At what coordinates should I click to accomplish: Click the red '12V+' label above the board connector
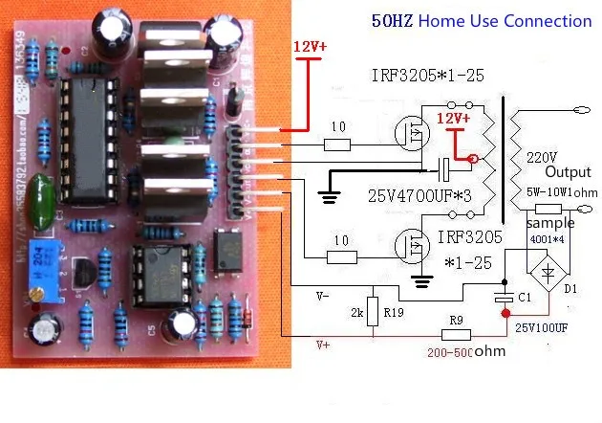coord(308,46)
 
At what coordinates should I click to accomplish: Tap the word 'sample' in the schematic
coord(549,223)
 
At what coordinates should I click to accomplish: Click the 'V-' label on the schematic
coord(324,297)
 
